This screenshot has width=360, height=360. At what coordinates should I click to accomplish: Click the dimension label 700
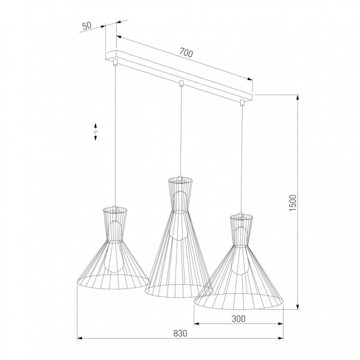point(186,53)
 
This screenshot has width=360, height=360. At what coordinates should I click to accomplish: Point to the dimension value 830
point(179,334)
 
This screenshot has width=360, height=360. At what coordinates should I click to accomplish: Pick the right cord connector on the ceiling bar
point(242,101)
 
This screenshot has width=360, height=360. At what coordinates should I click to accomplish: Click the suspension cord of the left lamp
point(116,134)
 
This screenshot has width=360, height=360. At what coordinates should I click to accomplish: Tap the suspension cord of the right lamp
point(243,159)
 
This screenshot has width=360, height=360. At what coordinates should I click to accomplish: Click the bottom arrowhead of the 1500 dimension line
point(298,307)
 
